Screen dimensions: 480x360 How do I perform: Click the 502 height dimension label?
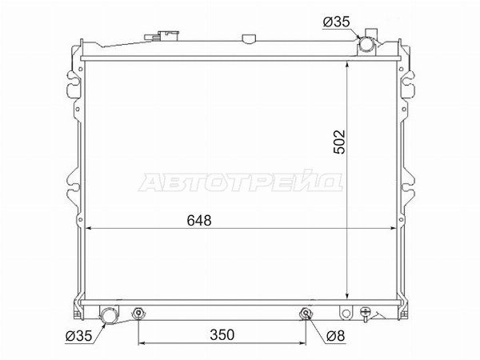339,142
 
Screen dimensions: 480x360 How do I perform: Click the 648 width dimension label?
199,220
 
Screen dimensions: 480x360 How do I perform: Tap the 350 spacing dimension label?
222,334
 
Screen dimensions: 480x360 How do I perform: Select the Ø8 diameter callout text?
336,336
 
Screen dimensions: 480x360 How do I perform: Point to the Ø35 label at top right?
336,22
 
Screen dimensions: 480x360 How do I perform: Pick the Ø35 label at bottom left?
78,336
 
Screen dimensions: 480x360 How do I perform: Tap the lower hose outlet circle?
109,315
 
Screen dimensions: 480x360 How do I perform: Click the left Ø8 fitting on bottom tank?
138,313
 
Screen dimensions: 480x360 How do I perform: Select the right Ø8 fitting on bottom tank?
306,313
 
